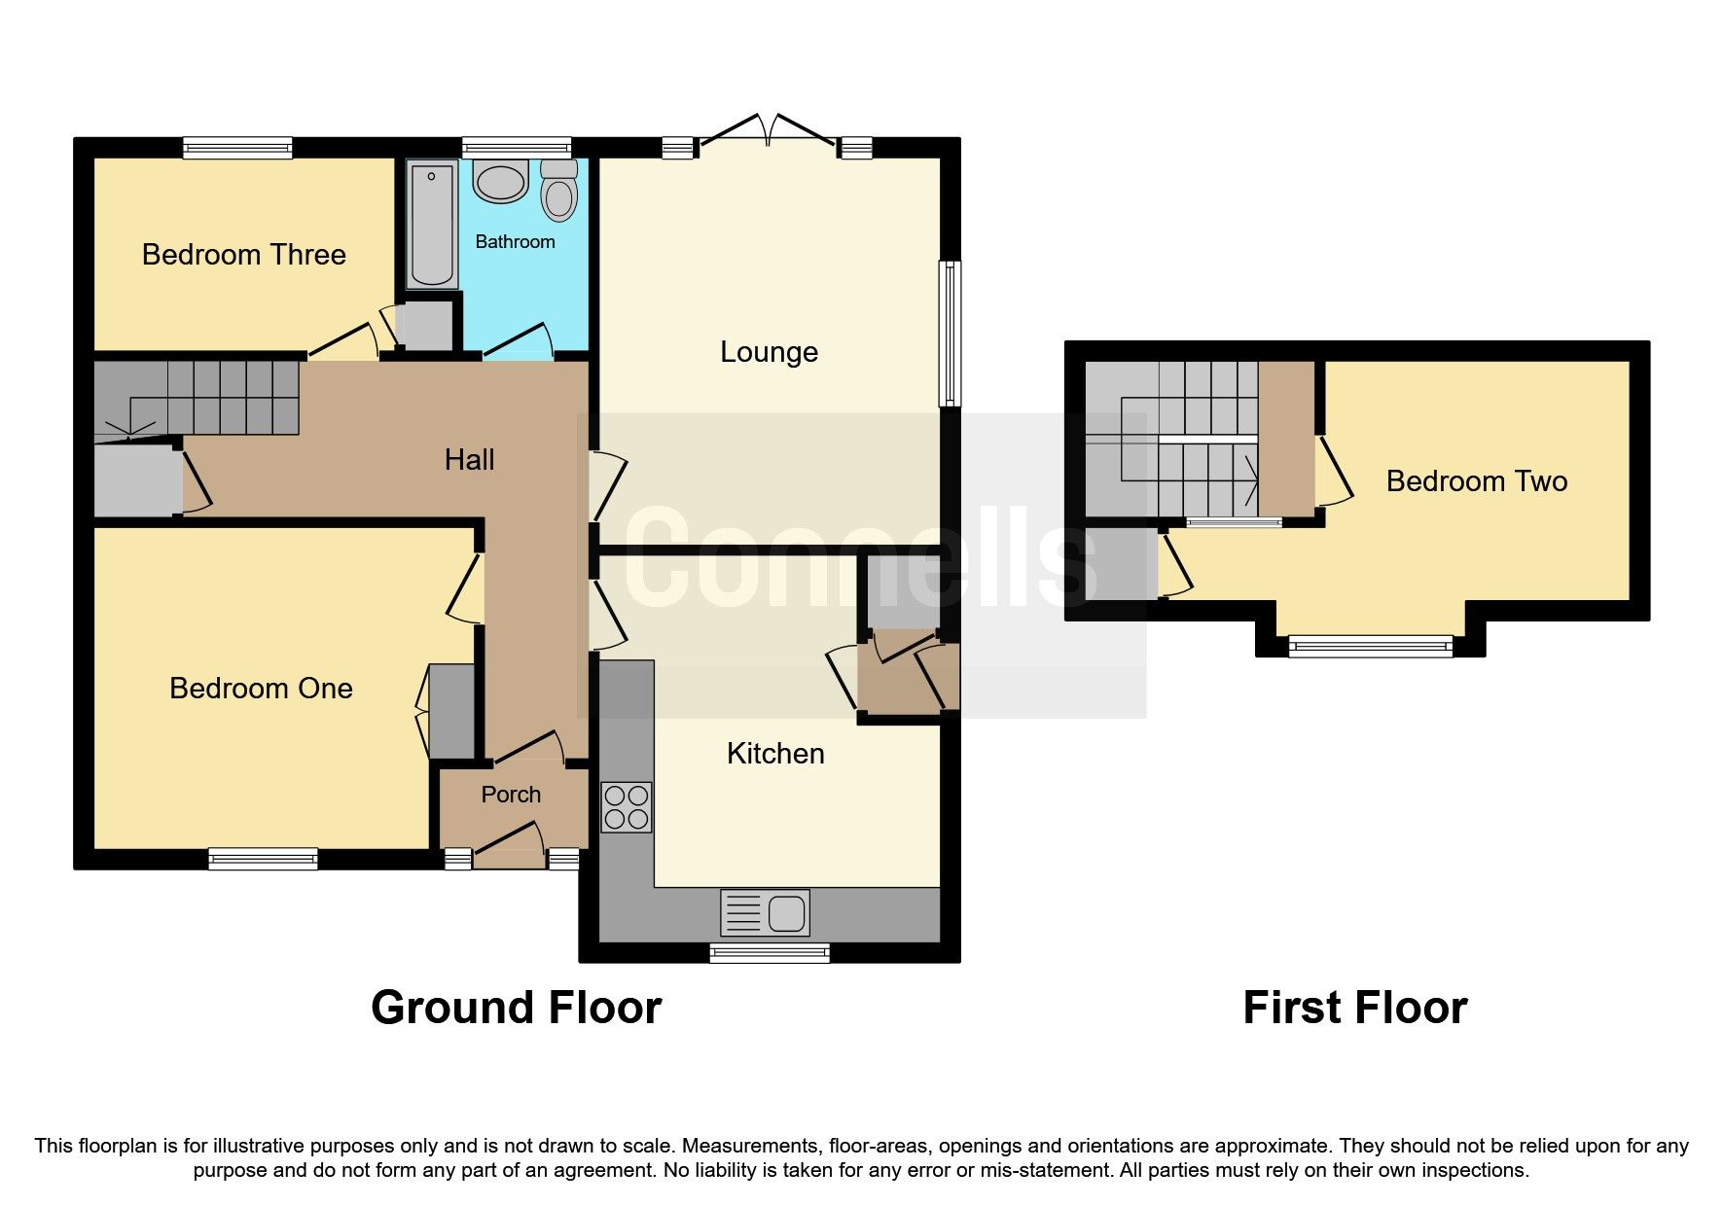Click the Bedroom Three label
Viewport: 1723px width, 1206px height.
(x=243, y=255)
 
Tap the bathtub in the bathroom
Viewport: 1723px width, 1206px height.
(x=432, y=225)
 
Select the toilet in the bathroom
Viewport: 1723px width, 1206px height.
(x=558, y=192)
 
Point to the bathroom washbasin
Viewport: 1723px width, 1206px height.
(x=500, y=182)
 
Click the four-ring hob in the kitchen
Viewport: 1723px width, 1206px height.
(x=626, y=807)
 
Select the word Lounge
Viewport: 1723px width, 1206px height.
(x=769, y=352)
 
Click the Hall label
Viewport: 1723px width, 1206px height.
(x=469, y=460)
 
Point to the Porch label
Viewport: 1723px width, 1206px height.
(x=511, y=795)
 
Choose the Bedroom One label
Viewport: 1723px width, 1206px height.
(x=261, y=689)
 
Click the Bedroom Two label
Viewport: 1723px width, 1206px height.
(x=1476, y=481)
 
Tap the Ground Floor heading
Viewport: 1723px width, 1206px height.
(x=516, y=1008)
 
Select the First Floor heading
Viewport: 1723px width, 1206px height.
(x=1354, y=1008)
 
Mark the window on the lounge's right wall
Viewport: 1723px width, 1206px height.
(x=950, y=333)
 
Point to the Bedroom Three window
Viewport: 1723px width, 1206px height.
(x=238, y=148)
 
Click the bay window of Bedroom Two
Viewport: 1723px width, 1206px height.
(x=1370, y=646)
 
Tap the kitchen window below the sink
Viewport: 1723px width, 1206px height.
(x=770, y=952)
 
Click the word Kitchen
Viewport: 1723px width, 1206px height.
(x=775, y=754)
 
